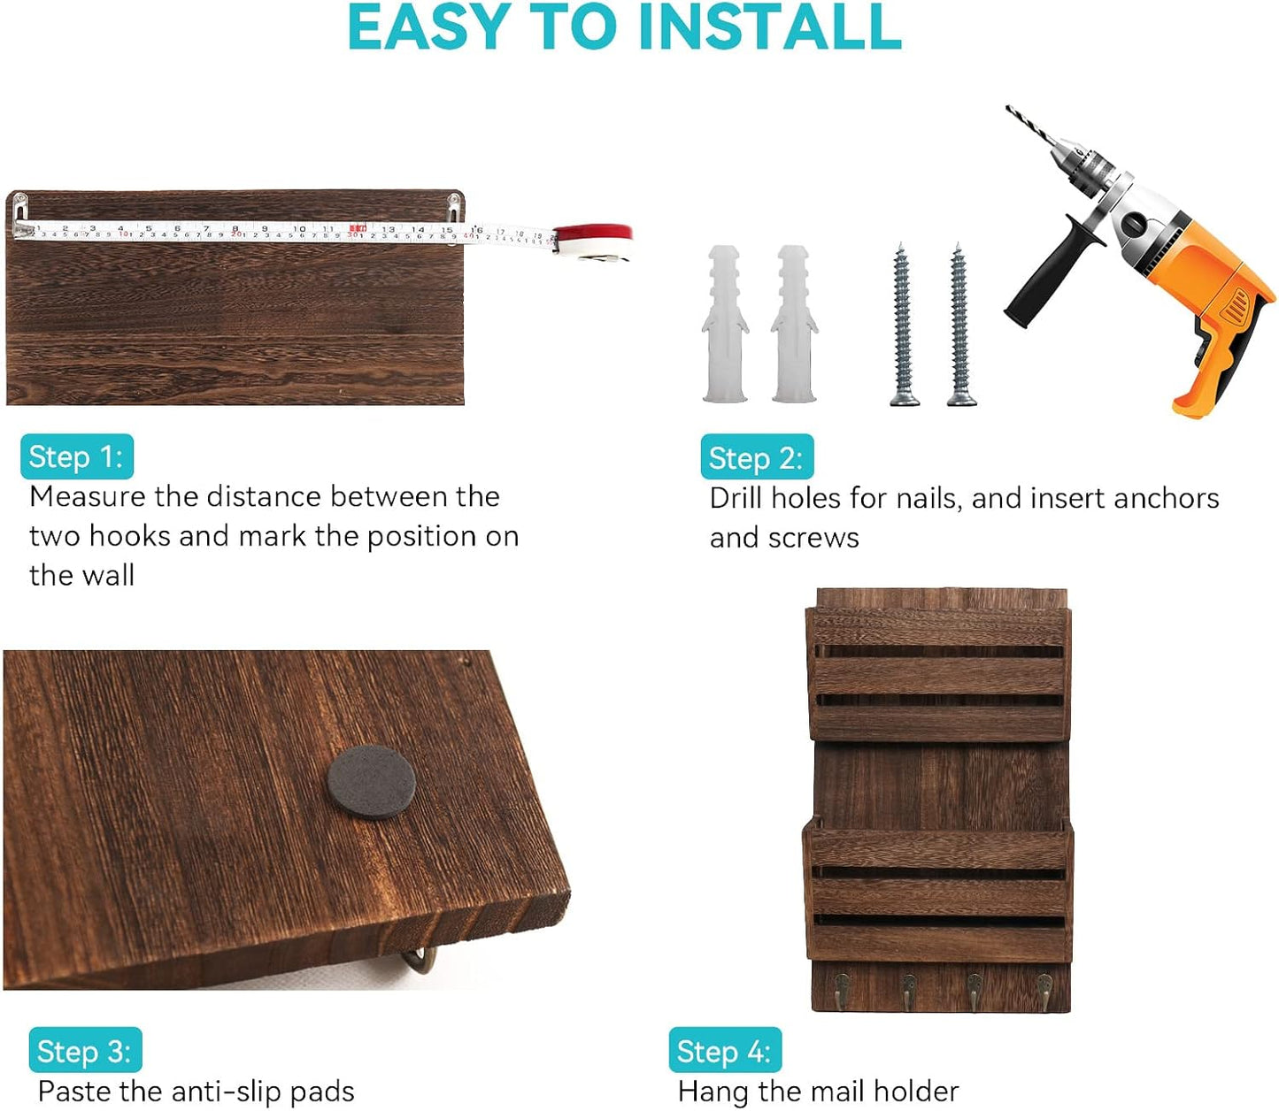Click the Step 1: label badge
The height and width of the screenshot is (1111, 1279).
tap(77, 456)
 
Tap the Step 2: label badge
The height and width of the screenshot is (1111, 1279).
tap(757, 456)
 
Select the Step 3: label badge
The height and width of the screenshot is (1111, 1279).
tap(85, 1050)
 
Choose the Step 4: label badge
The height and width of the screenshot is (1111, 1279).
tap(725, 1050)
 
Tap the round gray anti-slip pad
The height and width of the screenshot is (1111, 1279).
tap(371, 782)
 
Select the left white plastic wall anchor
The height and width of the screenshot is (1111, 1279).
tap(725, 324)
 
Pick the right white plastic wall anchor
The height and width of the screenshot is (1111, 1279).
tap(794, 324)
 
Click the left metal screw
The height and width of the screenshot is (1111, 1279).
tap(903, 325)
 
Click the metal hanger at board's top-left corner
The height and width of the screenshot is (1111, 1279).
tap(21, 215)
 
